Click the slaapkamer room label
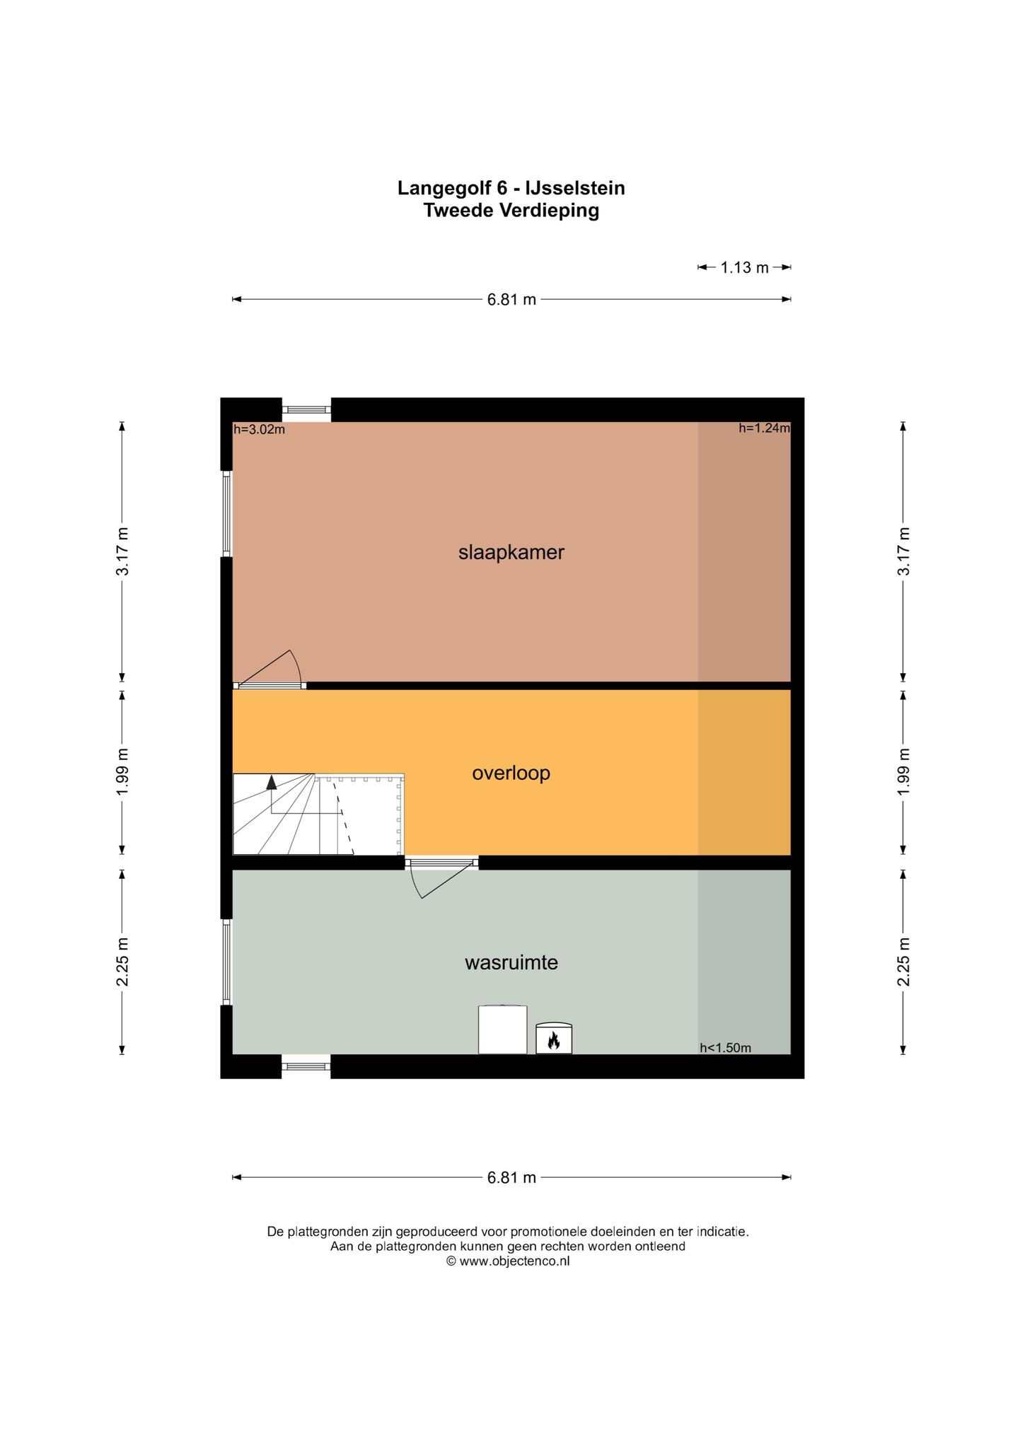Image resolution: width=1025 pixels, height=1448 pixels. pyautogui.click(x=511, y=552)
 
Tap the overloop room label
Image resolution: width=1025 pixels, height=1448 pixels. pyautogui.click(x=511, y=773)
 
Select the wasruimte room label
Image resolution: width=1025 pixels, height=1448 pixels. pyautogui.click(x=511, y=962)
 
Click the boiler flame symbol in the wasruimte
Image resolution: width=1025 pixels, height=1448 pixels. pyautogui.click(x=553, y=1039)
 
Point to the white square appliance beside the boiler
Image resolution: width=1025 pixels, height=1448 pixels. pyautogui.click(x=502, y=1029)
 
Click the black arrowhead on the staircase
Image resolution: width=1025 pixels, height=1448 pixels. pyautogui.click(x=271, y=782)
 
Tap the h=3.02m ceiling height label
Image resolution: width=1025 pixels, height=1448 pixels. pyautogui.click(x=259, y=429)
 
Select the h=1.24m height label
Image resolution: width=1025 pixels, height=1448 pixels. pyautogui.click(x=764, y=428)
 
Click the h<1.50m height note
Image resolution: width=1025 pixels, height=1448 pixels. pyautogui.click(x=725, y=1048)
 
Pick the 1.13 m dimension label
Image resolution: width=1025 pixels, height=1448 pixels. pyautogui.click(x=744, y=267)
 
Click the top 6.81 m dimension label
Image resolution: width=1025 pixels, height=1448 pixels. pyautogui.click(x=511, y=299)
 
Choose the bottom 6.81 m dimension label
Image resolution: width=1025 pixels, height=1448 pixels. pyautogui.click(x=511, y=1177)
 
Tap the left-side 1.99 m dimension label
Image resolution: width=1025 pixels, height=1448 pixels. pyautogui.click(x=122, y=771)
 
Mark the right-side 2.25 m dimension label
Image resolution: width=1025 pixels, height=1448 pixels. pyautogui.click(x=903, y=962)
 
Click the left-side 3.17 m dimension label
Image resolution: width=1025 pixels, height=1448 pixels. pyautogui.click(x=122, y=551)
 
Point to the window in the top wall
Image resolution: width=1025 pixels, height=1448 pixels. pyautogui.click(x=306, y=409)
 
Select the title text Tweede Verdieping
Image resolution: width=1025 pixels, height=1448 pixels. pyautogui.click(x=511, y=211)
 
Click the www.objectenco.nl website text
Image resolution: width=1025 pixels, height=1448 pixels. pyautogui.click(x=514, y=1261)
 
